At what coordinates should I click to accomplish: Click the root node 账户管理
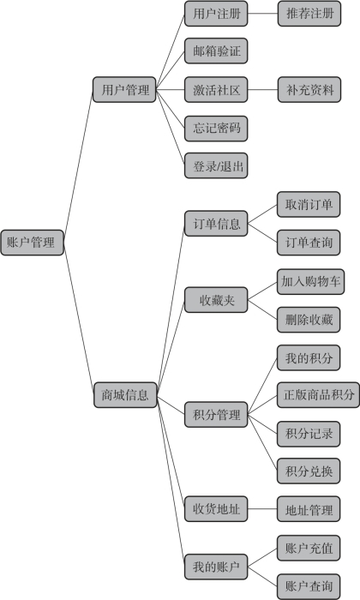[32, 243]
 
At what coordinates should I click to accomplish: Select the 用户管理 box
[124, 89]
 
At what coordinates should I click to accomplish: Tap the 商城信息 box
[125, 395]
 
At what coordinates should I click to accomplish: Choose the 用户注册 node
[216, 14]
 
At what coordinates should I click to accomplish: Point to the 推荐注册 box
[309, 14]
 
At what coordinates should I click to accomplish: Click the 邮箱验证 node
[216, 51]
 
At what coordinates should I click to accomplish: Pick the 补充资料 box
[309, 89]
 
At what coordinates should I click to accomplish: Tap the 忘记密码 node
[216, 129]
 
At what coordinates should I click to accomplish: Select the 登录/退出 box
[216, 165]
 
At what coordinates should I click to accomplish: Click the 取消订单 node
[309, 204]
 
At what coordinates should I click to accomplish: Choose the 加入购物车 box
[310, 282]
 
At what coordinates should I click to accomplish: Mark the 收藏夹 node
[216, 300]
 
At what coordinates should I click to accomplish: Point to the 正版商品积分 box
[318, 395]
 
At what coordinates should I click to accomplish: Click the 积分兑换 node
[309, 471]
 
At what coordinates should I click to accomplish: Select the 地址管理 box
[309, 509]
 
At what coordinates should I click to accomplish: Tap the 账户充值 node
[309, 548]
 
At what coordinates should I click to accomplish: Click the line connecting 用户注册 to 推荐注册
[263, 14]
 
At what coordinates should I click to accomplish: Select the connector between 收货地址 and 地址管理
[262, 509]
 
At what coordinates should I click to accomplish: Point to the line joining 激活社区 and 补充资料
[263, 89]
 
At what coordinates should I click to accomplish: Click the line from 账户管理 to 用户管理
[78, 166]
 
